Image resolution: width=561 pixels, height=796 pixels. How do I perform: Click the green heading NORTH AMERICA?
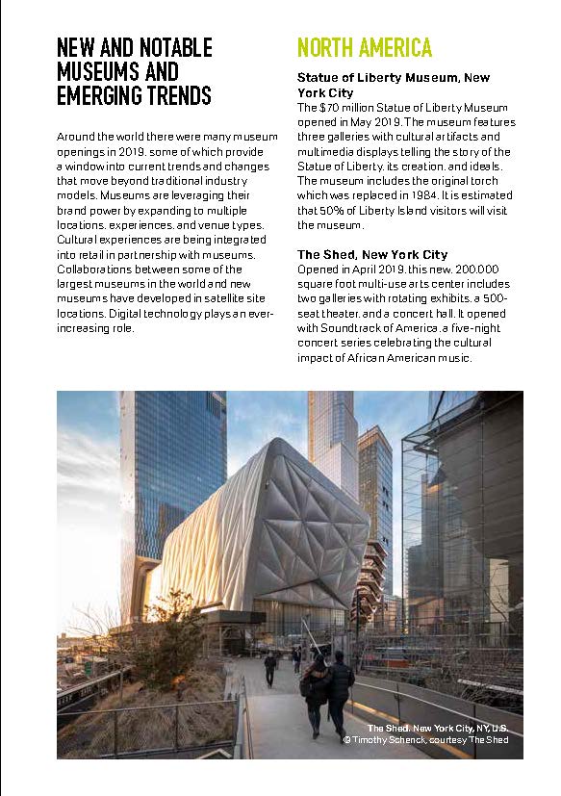tap(365, 47)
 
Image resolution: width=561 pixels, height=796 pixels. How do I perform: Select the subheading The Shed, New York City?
tap(372, 254)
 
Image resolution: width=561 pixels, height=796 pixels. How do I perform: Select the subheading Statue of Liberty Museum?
tap(378, 77)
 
